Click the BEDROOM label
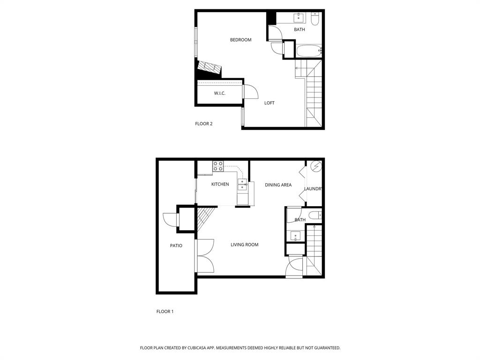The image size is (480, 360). click(240, 40)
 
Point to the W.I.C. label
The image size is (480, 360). click(219, 93)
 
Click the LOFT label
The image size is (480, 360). click(269, 103)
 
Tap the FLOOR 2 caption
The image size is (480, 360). click(203, 124)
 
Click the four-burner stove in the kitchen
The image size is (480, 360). click(218, 166)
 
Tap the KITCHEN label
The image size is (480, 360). click(220, 184)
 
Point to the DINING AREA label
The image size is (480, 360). click(278, 185)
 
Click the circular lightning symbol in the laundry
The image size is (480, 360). click(315, 166)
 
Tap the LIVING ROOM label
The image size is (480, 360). click(244, 245)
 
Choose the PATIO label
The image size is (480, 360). click(176, 246)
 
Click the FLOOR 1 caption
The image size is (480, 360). click(165, 311)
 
